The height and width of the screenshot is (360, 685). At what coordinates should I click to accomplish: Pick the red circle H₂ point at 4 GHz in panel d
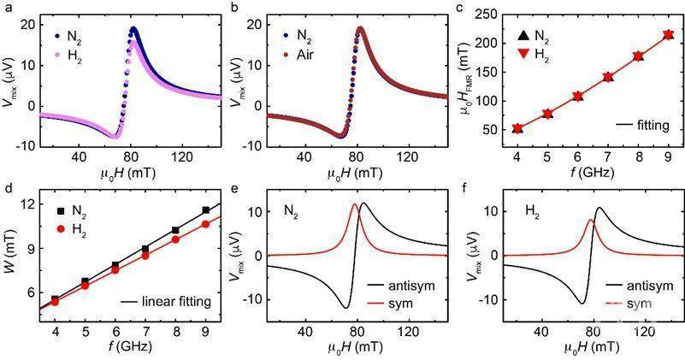click(55, 302)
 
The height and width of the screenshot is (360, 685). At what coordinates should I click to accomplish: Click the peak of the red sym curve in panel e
click(355, 204)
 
